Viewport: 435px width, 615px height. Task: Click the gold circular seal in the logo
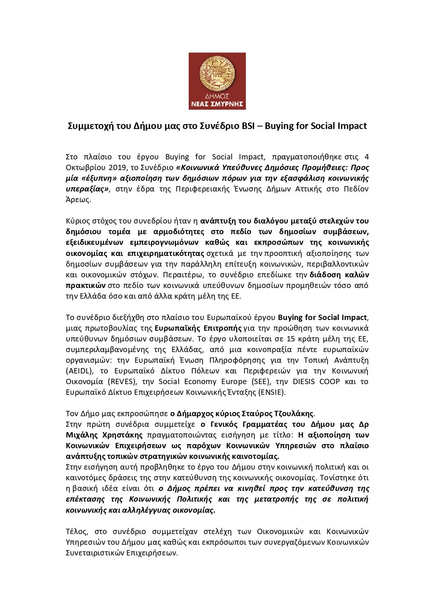(217, 74)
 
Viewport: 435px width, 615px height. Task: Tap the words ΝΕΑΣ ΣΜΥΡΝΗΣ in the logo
(217, 104)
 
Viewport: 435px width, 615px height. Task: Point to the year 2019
(108, 168)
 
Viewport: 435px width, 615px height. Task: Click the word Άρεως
(78, 200)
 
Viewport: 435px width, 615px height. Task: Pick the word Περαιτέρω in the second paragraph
(180, 274)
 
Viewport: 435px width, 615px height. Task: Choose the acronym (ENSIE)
(271, 392)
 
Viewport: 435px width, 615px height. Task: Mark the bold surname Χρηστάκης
(122, 435)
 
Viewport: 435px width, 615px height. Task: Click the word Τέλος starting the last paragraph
(77, 531)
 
